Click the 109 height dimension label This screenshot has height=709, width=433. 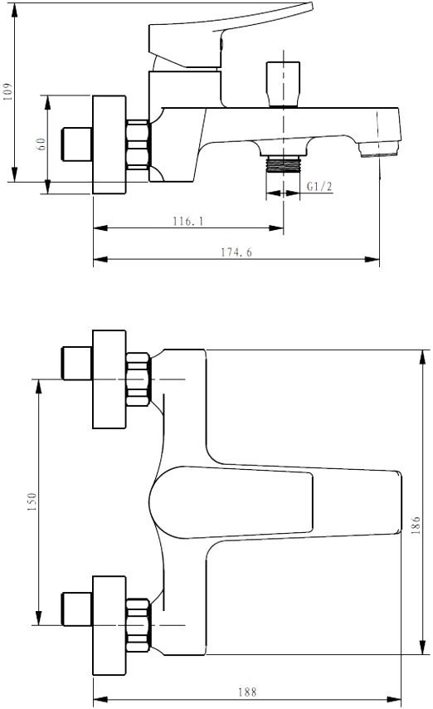8,92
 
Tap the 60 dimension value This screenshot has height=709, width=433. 41,144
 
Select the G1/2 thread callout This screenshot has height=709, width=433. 319,186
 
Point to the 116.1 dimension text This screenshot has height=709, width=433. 188,221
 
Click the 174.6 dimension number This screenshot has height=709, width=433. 236,252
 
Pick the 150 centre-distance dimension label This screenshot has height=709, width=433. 32,502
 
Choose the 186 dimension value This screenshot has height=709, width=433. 416,526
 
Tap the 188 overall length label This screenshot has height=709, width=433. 247,692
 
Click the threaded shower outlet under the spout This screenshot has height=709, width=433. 284,164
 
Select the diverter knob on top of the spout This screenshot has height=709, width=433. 284,85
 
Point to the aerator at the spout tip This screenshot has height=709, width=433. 378,149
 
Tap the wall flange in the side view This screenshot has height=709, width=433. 109,144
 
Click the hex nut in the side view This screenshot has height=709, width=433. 138,144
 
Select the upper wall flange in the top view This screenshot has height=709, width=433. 109,379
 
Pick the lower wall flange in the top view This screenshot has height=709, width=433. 109,625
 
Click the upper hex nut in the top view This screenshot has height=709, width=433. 138,379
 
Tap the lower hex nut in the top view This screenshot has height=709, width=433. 138,625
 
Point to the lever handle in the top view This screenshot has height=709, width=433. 275,502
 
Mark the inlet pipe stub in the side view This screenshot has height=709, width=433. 77,144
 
